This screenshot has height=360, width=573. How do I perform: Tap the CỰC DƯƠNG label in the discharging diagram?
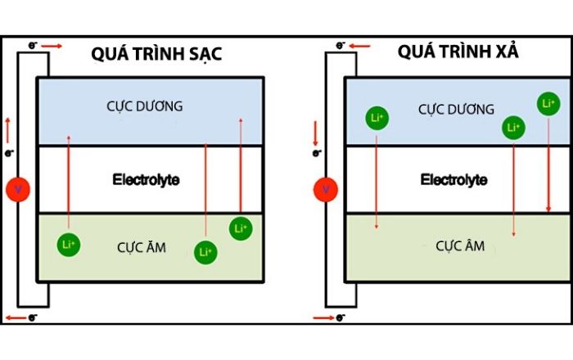[x=456, y=108]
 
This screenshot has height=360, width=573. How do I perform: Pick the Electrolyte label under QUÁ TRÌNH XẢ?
[x=453, y=178]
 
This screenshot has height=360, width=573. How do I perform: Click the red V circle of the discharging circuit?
[x=326, y=191]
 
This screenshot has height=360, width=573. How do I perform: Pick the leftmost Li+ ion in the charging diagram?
[x=69, y=244]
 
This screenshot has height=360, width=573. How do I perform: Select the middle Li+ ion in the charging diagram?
[x=205, y=252]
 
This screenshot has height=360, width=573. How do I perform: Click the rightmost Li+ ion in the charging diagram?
[x=241, y=228]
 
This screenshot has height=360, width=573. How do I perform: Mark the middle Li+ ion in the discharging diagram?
[x=513, y=128]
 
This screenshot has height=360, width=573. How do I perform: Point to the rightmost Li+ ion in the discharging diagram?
[x=548, y=104]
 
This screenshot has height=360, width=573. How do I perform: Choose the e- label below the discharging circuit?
[x=341, y=316]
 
